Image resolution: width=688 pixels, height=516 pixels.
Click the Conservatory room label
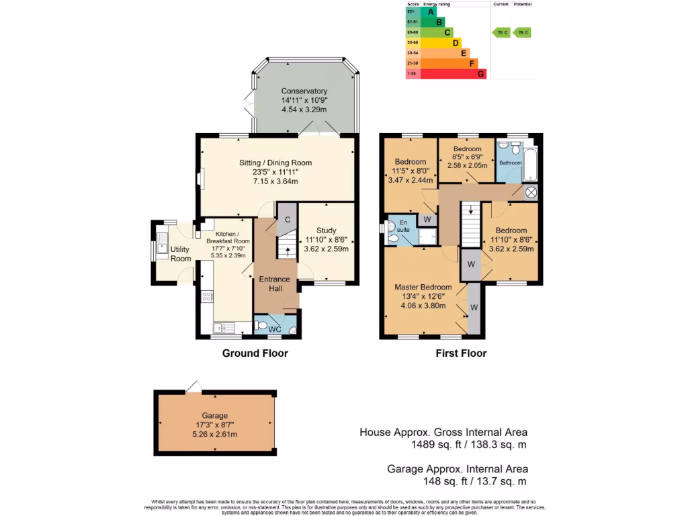pos(304,91)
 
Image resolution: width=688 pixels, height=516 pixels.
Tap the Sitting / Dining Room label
pos(276,163)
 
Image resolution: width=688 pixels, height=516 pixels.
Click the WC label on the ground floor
pos(275,330)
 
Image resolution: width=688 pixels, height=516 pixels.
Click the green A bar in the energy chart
pos(428,11)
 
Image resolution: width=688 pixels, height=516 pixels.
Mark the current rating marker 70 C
pos(501,32)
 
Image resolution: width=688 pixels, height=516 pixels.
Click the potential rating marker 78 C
pos(521,32)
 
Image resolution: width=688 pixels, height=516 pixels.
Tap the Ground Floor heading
pos(255,353)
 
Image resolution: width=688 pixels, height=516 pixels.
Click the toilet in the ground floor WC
pos(262,325)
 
